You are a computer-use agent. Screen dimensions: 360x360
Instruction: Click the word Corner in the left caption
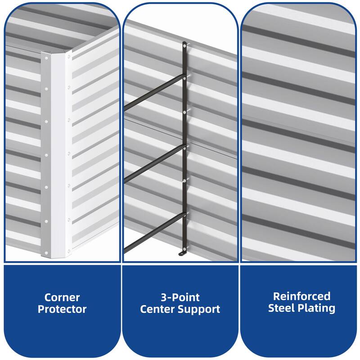[62, 297]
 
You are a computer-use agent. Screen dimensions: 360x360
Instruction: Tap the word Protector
[62, 309]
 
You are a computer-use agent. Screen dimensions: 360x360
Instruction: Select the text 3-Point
[180, 297]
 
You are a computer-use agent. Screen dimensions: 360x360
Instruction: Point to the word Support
[199, 310]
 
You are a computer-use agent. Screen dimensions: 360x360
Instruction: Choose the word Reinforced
[301, 297]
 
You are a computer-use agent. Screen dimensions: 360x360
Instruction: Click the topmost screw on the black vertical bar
[184, 46]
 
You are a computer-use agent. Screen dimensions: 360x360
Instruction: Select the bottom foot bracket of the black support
[183, 253]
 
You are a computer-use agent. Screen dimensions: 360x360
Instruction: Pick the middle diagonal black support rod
[154, 162]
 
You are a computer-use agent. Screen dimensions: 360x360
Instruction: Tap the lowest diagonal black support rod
[154, 232]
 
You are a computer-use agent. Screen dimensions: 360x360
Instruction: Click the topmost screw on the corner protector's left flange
[46, 58]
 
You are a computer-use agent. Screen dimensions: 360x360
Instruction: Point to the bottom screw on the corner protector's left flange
[46, 253]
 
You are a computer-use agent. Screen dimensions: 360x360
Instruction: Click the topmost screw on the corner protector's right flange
[69, 56]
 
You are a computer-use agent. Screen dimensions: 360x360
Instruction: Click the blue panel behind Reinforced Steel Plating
[298, 333]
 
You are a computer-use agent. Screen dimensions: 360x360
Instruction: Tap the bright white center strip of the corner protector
[58, 153]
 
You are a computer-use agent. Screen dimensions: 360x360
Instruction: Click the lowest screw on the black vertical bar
[184, 248]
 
